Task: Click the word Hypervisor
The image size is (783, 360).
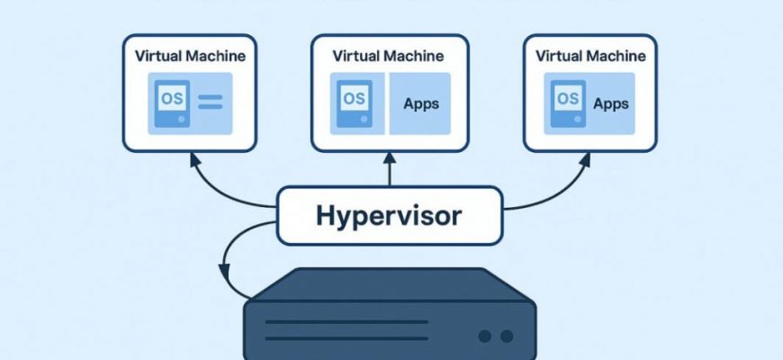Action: [x=389, y=216]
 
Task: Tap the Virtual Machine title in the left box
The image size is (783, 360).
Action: [x=190, y=56]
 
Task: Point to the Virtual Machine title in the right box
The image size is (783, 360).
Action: [x=590, y=56]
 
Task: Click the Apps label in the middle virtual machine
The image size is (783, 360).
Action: [x=421, y=103]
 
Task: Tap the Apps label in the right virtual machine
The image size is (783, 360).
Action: [x=610, y=103]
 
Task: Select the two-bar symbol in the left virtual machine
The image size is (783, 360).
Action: [x=210, y=101]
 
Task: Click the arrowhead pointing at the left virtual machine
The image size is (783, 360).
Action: [x=193, y=159]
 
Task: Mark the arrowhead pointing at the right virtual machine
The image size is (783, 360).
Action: [x=585, y=159]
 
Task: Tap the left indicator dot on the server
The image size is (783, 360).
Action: [x=486, y=336]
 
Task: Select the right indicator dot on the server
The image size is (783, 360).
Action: [x=507, y=336]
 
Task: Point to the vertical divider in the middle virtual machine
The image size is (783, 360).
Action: [x=388, y=103]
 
